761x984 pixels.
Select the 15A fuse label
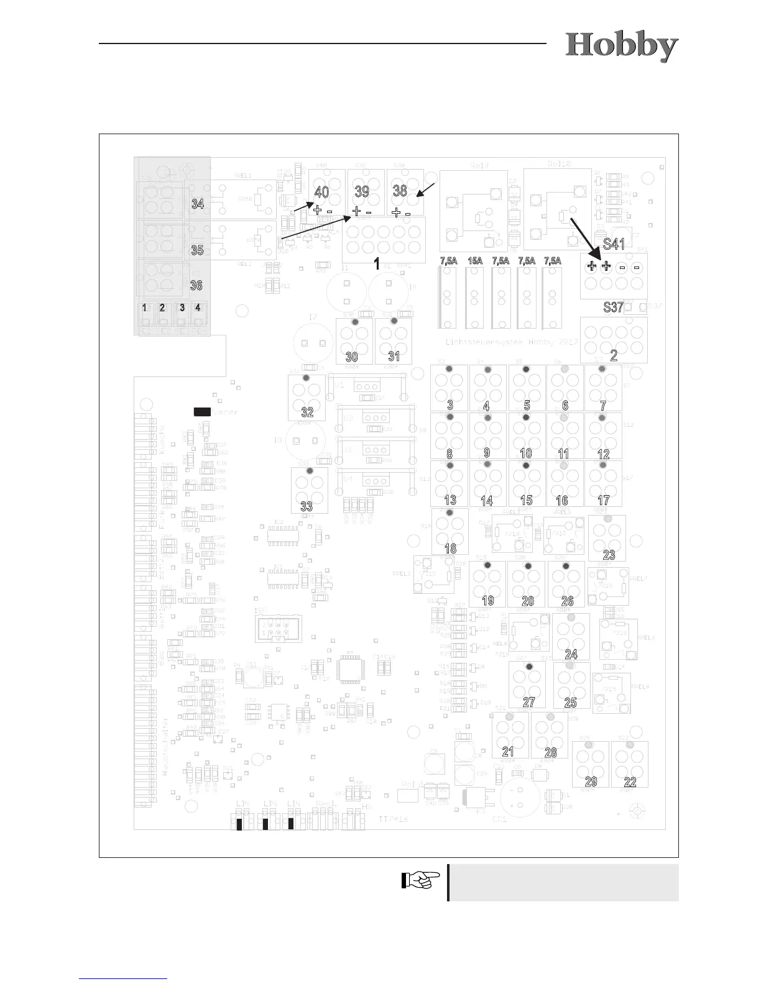[x=475, y=261]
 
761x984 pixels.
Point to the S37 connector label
[x=613, y=307]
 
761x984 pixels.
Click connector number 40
[x=322, y=192]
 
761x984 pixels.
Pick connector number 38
[x=400, y=191]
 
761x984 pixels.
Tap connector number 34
[x=198, y=203]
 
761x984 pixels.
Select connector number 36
[x=196, y=285]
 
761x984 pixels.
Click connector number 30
[x=352, y=357]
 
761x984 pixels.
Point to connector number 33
[x=307, y=506]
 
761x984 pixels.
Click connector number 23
[x=609, y=555]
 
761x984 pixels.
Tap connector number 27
[x=528, y=702]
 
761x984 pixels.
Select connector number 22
[x=630, y=781]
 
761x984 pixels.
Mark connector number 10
[x=526, y=453]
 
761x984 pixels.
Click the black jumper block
[x=202, y=411]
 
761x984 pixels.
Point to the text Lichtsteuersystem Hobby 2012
[x=512, y=342]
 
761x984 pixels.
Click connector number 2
[x=614, y=355]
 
